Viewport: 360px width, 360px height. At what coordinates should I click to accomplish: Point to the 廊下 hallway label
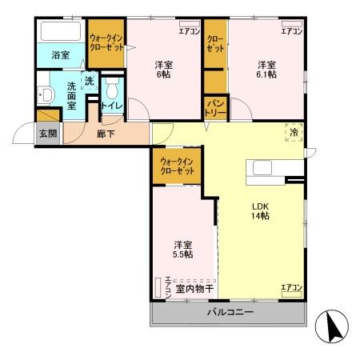pyautogui.click(x=106, y=134)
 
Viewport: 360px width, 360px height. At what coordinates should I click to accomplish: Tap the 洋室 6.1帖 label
pyautogui.click(x=266, y=70)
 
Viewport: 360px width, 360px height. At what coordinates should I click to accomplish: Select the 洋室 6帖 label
pyautogui.click(x=163, y=70)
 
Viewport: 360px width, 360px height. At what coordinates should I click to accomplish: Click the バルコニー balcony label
pyautogui.click(x=228, y=312)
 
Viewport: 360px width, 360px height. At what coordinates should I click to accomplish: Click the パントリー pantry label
pyautogui.click(x=215, y=106)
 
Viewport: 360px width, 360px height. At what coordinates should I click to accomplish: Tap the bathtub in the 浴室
pyautogui.click(x=59, y=33)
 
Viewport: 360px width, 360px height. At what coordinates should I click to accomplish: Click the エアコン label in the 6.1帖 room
pyautogui.click(x=291, y=32)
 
